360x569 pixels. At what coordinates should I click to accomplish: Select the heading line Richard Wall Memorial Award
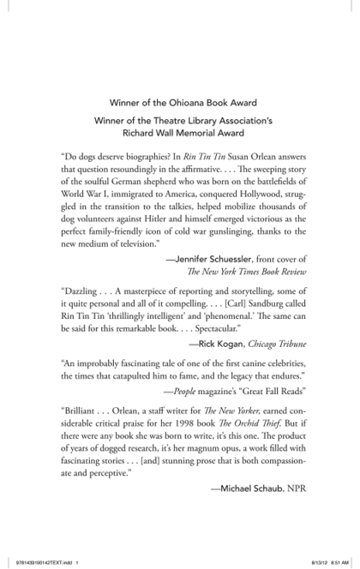click(180, 134)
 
